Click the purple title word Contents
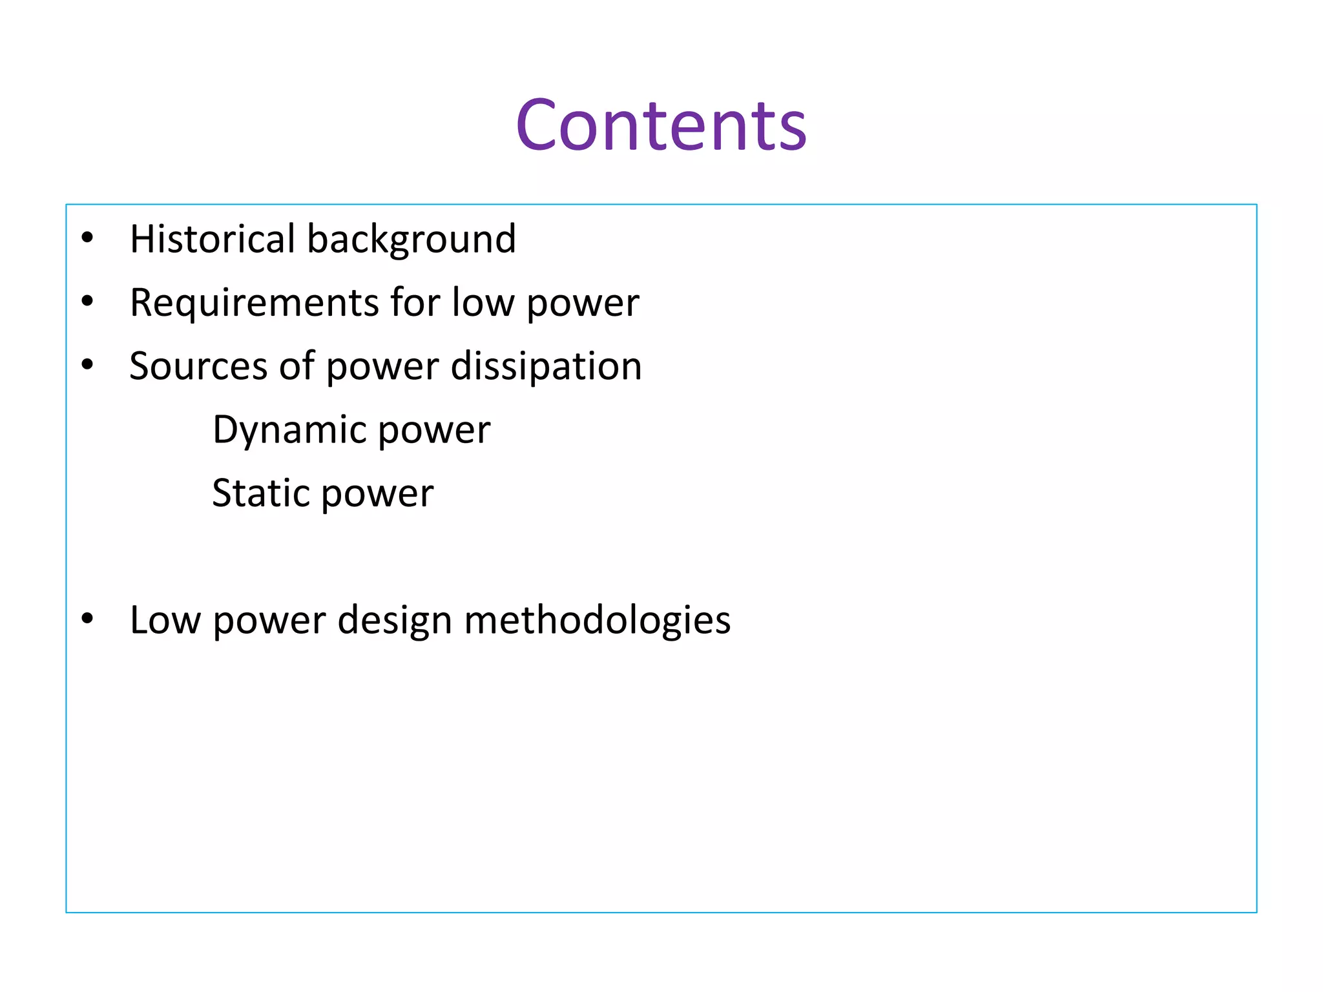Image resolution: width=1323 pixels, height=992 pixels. [661, 126]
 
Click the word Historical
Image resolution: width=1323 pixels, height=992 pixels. [213, 239]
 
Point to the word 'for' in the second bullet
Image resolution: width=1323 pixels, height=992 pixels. [415, 302]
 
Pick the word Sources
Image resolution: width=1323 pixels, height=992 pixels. [198, 366]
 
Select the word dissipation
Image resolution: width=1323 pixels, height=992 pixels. [546, 366]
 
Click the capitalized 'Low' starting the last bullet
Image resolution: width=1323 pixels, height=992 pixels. [165, 621]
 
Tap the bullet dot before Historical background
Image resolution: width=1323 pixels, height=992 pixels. [88, 238]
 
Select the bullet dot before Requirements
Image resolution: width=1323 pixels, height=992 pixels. [88, 302]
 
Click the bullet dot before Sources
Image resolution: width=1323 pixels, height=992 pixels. [88, 365]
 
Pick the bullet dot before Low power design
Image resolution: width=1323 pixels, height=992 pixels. [88, 619]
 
